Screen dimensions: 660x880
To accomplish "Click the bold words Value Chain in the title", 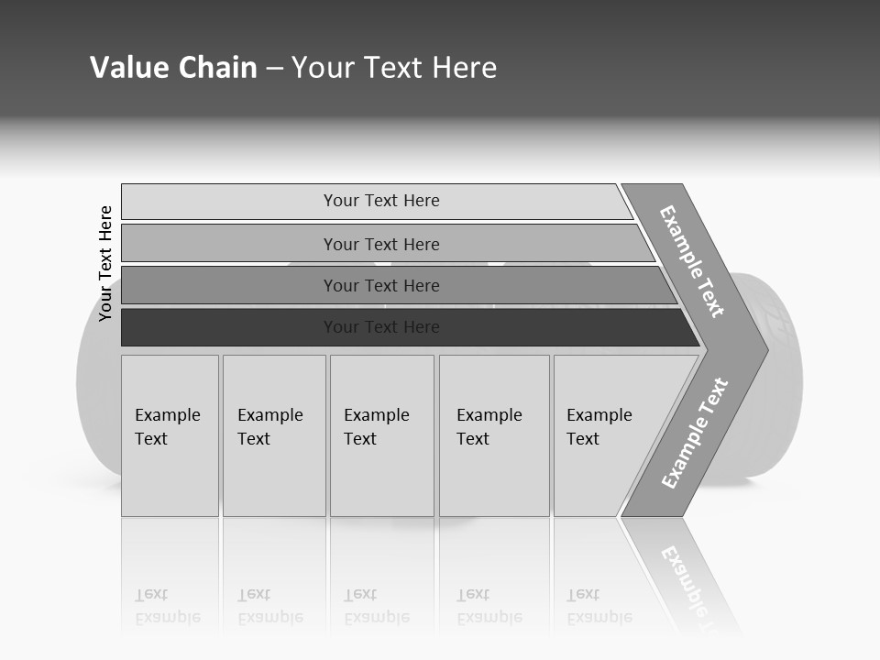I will (x=173, y=68).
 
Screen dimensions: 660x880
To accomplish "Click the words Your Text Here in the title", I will (x=394, y=68).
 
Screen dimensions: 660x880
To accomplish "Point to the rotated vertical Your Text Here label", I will (x=105, y=264).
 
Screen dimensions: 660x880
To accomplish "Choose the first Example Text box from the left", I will (x=170, y=435).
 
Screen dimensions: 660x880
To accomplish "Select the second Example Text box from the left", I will (x=273, y=435).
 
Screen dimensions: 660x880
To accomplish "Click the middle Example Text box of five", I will (x=381, y=435).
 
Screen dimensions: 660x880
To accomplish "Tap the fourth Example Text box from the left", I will (x=493, y=435).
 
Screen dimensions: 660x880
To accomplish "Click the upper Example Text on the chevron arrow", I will (x=692, y=261).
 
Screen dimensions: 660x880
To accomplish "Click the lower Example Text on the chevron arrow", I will (x=694, y=434).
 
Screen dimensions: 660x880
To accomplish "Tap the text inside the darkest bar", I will (x=381, y=327).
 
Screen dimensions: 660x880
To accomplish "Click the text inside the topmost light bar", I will (x=381, y=201).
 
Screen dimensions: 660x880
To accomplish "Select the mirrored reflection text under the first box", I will (x=167, y=606).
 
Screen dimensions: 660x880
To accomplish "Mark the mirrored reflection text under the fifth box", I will (x=599, y=606).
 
